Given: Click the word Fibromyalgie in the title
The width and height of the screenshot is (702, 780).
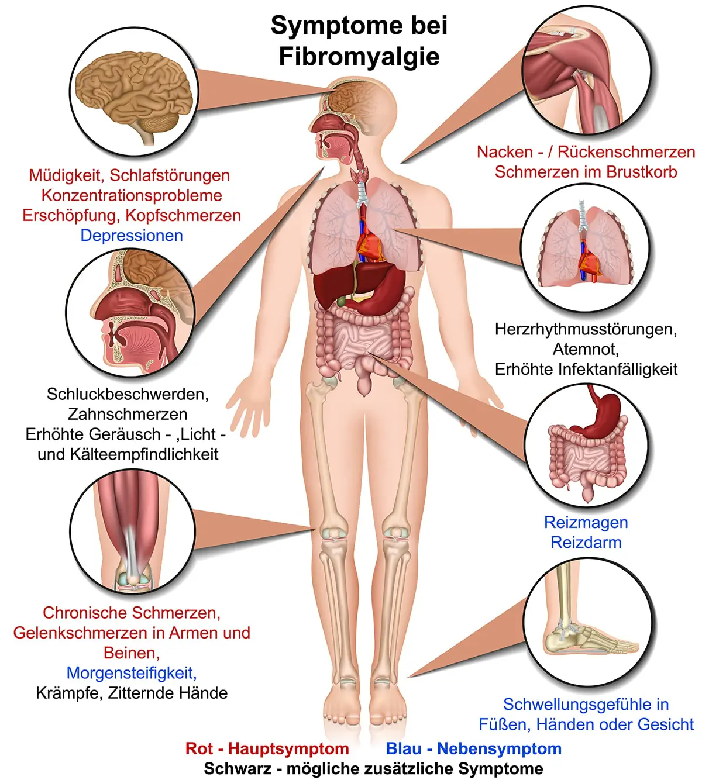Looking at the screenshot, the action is [359, 57].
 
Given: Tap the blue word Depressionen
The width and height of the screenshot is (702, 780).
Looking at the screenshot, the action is [132, 236].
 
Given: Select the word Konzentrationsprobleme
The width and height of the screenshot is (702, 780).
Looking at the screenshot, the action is [132, 195].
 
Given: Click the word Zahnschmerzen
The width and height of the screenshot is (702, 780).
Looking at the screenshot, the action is [128, 414].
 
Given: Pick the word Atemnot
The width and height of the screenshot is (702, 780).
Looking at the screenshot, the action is [586, 349].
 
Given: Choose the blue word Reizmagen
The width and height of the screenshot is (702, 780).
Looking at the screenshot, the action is [586, 523].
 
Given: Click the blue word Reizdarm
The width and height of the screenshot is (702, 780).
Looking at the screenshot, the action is [586, 543].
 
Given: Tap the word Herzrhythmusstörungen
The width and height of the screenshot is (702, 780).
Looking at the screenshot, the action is [586, 329].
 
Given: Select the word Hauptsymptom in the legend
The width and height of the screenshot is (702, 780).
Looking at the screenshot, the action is [288, 748].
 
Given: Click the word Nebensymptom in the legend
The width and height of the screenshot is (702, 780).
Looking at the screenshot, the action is [499, 748].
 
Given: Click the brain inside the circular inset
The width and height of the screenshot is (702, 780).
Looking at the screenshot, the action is [134, 94].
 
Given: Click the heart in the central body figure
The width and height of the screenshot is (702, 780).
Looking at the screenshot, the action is [370, 246].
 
